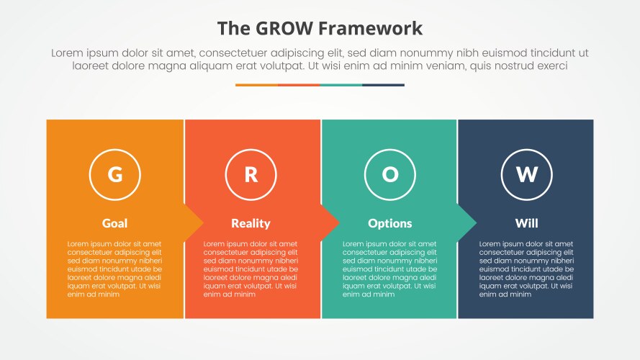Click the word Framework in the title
coord(376,28)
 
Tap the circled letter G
coord(114,174)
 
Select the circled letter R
coord(251,174)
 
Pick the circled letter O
coord(389,174)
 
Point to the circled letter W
coord(526,174)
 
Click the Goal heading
coord(114,223)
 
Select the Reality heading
coord(251,223)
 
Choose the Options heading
coord(389,223)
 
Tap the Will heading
coord(526,223)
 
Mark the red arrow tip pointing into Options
coord(330,223)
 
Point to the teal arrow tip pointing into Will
coord(467,223)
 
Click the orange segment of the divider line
coord(256,85)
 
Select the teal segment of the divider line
coord(341,85)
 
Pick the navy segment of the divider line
coord(383,85)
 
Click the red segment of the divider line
coord(298,85)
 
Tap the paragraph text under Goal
coord(114,269)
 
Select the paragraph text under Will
coord(526,269)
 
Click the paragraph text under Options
coord(389,269)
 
